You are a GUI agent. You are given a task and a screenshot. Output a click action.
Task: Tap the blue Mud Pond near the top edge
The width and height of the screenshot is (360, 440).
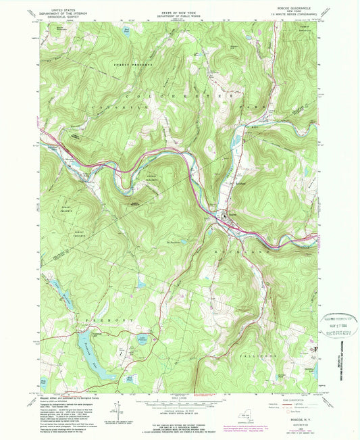pyautogui.click(x=126, y=31)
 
